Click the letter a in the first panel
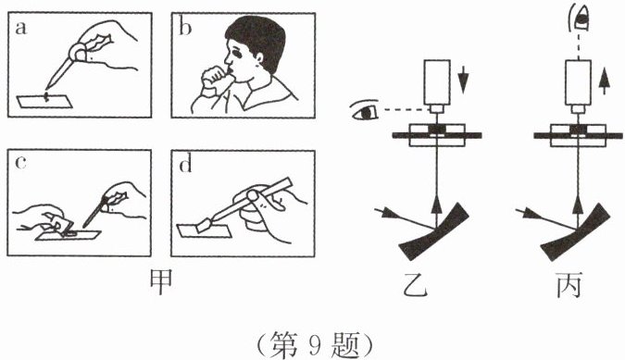point(20,29)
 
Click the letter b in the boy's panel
point(185,28)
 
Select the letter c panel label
point(20,163)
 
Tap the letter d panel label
point(185,164)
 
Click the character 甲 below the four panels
point(160,282)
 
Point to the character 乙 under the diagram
point(415,285)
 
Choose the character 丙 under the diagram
point(569,285)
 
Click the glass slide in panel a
point(44,102)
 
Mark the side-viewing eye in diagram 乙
point(364,110)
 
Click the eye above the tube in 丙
point(579,18)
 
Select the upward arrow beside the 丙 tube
point(605,81)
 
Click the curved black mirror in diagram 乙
point(433,232)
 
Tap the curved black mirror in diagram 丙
point(575,232)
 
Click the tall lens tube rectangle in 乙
point(437,82)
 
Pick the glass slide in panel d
point(204,231)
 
